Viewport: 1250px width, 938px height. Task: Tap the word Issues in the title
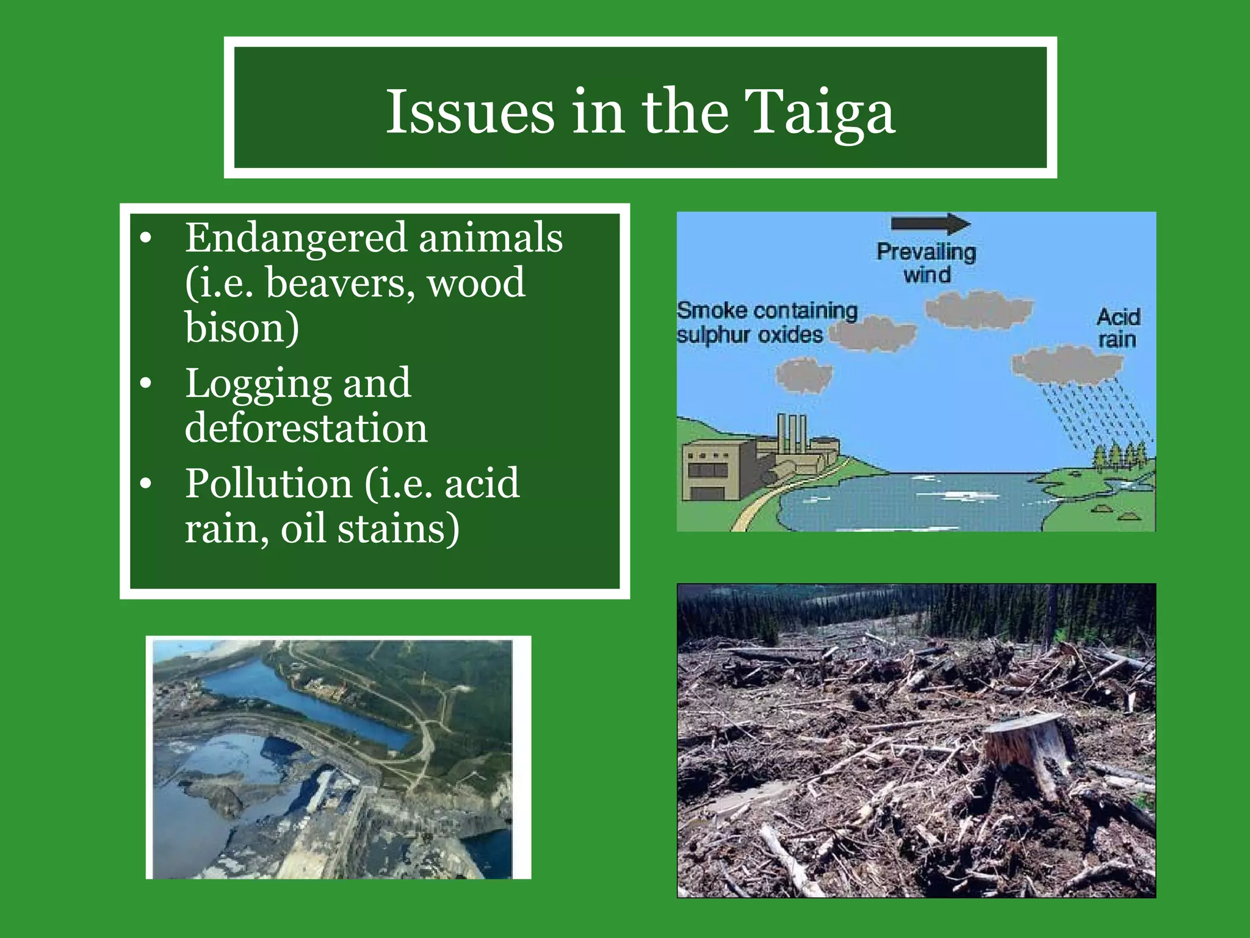[x=470, y=112]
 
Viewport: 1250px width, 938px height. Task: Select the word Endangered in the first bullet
[x=296, y=238]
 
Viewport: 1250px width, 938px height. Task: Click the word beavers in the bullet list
[x=339, y=283]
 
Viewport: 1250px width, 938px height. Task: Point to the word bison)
[x=242, y=328]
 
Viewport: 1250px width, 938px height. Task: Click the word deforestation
[x=306, y=427]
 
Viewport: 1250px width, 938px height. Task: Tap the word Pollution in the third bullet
[x=269, y=483]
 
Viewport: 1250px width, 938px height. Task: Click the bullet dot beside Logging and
[x=145, y=384]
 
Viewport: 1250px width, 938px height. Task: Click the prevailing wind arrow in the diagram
[x=930, y=224]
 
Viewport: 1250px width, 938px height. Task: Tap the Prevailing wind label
[x=927, y=263]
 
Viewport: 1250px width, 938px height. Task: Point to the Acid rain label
[x=1118, y=328]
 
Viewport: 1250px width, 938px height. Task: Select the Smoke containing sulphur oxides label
[x=766, y=322]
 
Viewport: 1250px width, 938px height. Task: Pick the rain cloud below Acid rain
[x=1066, y=365]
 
